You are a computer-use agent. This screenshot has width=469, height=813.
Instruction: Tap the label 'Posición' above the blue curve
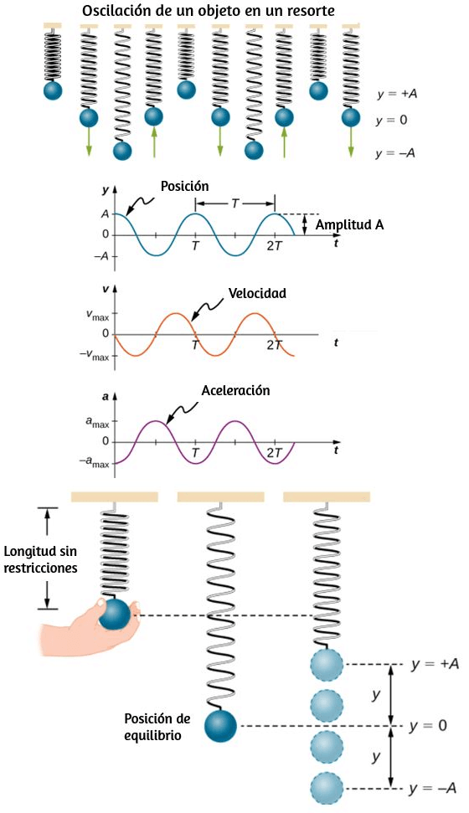point(185,186)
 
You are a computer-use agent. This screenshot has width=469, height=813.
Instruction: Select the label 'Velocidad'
point(257,294)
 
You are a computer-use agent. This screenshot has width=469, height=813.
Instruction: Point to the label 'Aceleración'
point(235,390)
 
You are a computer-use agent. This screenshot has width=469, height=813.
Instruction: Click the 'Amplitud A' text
point(350,224)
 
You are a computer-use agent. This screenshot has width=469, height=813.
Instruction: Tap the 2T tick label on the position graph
point(275,246)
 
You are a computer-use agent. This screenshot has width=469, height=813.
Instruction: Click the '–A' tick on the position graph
point(105,256)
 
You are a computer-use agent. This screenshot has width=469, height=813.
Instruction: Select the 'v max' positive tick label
point(97,314)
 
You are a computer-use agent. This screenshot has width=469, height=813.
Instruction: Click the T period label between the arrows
point(235,203)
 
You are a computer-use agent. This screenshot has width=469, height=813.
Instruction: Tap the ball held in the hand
point(114,615)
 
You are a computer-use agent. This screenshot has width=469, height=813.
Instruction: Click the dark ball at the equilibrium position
point(220,727)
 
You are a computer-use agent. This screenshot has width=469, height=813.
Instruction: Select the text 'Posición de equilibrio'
point(157,727)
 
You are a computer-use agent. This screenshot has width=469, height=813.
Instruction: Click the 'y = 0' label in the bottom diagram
point(427,725)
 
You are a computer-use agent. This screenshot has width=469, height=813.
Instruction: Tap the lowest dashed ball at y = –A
point(327,788)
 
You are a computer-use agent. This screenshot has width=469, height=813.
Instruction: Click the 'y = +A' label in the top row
point(398,95)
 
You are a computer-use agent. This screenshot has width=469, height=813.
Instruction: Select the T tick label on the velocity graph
point(196,345)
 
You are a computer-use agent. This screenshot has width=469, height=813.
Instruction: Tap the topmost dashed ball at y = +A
point(327,664)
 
